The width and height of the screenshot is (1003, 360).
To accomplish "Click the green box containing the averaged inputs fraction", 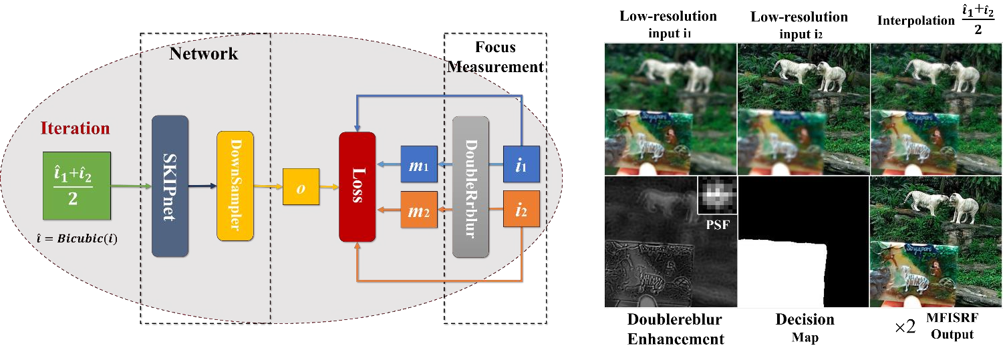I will coord(76,186).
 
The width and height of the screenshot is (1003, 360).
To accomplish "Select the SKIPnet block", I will coord(170,186).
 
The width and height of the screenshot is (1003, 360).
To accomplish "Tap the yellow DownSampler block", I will coord(235,186).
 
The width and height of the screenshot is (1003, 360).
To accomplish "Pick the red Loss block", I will coord(357,187).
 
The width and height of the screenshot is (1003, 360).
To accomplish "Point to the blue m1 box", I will coord(418,164).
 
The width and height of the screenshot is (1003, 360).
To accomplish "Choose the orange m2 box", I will coord(418,210).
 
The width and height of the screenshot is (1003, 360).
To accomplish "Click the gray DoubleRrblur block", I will coord(470,186).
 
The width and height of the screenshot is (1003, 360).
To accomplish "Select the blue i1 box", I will coord(521,164).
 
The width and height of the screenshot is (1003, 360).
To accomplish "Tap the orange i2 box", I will coord(521,210).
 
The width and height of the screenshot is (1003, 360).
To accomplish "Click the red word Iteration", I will coord(76,128).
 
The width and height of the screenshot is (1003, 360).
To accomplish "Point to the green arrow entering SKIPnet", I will coord(130,186).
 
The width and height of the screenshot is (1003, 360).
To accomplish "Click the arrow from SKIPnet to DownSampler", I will coord(202,186).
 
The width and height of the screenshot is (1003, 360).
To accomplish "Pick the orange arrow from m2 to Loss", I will coord(388,210).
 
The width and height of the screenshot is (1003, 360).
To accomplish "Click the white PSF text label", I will coord(716,225).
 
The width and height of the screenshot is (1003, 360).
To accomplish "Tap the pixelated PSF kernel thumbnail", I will coord(716,195).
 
